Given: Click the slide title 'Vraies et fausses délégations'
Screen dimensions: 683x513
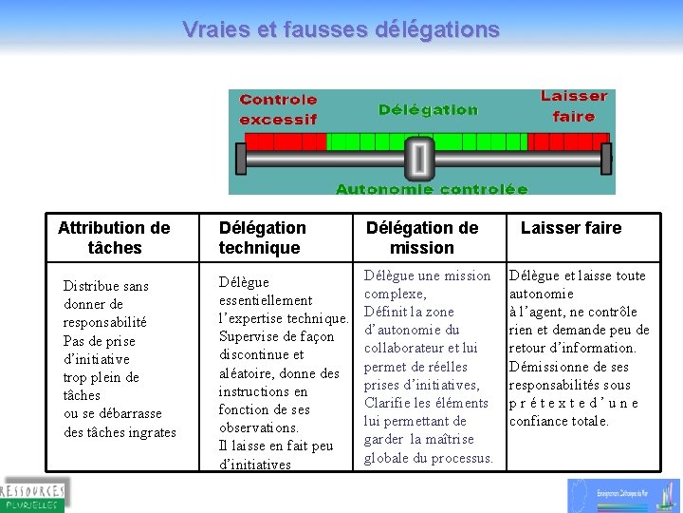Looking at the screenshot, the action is point(341,29).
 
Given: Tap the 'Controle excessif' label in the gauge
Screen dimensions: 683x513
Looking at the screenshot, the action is point(278,109).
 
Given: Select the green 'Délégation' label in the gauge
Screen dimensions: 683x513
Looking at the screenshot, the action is point(428,109).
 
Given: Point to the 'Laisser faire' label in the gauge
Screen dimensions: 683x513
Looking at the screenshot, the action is point(574,105).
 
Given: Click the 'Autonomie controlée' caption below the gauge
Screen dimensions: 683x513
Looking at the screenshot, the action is point(432,189).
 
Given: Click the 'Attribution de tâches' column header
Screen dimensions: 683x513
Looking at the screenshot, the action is point(114,237).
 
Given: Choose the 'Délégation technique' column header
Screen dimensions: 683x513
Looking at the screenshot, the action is point(262,237).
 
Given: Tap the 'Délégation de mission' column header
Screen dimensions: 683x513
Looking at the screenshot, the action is point(422,237).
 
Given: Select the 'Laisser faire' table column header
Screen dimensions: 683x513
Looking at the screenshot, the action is point(571,228).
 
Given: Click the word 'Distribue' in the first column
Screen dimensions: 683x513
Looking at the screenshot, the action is point(92,286).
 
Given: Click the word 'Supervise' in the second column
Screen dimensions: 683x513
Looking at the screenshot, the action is point(249,336).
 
